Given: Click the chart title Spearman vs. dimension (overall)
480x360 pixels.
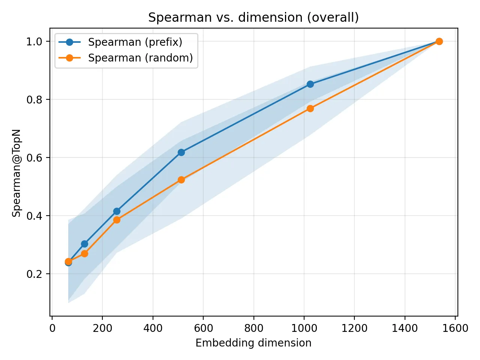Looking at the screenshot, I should tap(253, 18).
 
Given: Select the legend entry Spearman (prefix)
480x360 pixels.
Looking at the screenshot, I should tap(135, 42).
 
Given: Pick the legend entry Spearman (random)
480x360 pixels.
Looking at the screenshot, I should tap(140, 58).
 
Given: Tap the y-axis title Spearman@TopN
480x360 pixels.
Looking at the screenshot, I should tap(16, 173).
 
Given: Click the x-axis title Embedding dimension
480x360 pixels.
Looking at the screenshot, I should tap(253, 343).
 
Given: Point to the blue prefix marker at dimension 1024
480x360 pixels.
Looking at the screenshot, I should tap(310, 84).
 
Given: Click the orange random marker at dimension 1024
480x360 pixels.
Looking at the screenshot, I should tap(310, 108).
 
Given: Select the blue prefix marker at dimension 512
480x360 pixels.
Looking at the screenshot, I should tap(181, 152).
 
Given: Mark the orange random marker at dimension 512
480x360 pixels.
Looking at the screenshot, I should tap(181, 180).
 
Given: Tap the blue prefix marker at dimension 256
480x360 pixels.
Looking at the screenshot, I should tap(117, 211).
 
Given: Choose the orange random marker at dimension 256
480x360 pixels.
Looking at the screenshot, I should tap(117, 220).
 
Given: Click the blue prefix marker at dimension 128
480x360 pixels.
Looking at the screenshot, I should tap(84, 244).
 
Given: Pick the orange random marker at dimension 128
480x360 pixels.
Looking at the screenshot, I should tap(84, 253).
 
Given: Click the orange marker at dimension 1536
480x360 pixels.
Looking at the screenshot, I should tap(439, 41).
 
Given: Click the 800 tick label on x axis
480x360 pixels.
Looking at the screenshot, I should tap(253, 328).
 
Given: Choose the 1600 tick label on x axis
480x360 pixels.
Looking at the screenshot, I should tap(455, 328).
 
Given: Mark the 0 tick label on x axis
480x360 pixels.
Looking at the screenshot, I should tap(52, 328).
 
